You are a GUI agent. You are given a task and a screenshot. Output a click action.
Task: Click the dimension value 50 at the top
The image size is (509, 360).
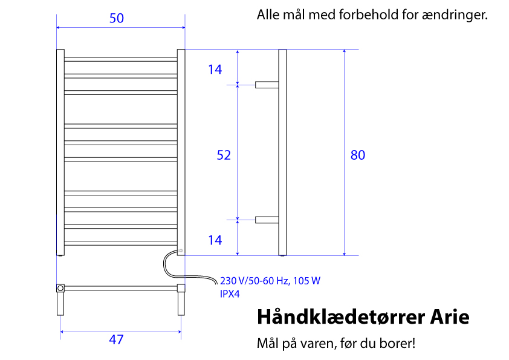point(117,18)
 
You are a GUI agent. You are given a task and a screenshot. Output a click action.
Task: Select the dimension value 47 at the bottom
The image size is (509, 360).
point(116,339)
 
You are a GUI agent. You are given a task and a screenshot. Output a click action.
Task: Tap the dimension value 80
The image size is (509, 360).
point(358,155)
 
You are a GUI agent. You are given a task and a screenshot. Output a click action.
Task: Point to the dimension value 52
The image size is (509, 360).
point(224,155)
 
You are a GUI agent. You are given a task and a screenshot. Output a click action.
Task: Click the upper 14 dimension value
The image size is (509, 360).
point(215,70)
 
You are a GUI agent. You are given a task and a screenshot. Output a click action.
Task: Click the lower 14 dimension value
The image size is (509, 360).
point(215,240)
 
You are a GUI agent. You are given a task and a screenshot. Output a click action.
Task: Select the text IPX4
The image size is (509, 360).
point(230,294)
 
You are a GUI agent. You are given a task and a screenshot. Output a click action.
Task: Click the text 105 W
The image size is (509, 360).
point(306,281)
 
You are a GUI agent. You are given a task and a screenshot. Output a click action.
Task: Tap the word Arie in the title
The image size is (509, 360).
point(450,317)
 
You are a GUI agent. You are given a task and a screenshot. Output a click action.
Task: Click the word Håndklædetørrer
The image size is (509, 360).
point(341,317)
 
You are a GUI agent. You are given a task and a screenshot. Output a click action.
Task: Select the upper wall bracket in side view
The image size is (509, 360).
point(267,85)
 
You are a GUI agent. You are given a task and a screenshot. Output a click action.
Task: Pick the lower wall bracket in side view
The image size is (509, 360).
point(267,220)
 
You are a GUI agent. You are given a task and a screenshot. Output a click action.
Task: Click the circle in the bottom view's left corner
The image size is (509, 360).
point(60,288)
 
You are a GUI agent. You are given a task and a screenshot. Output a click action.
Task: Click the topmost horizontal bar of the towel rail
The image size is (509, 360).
point(121,59)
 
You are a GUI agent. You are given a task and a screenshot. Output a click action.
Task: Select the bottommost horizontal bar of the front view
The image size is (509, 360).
point(121,243)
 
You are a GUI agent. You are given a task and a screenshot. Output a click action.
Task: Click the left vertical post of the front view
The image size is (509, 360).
point(60,152)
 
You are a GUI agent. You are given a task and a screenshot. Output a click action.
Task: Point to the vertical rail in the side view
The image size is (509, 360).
point(282,152)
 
